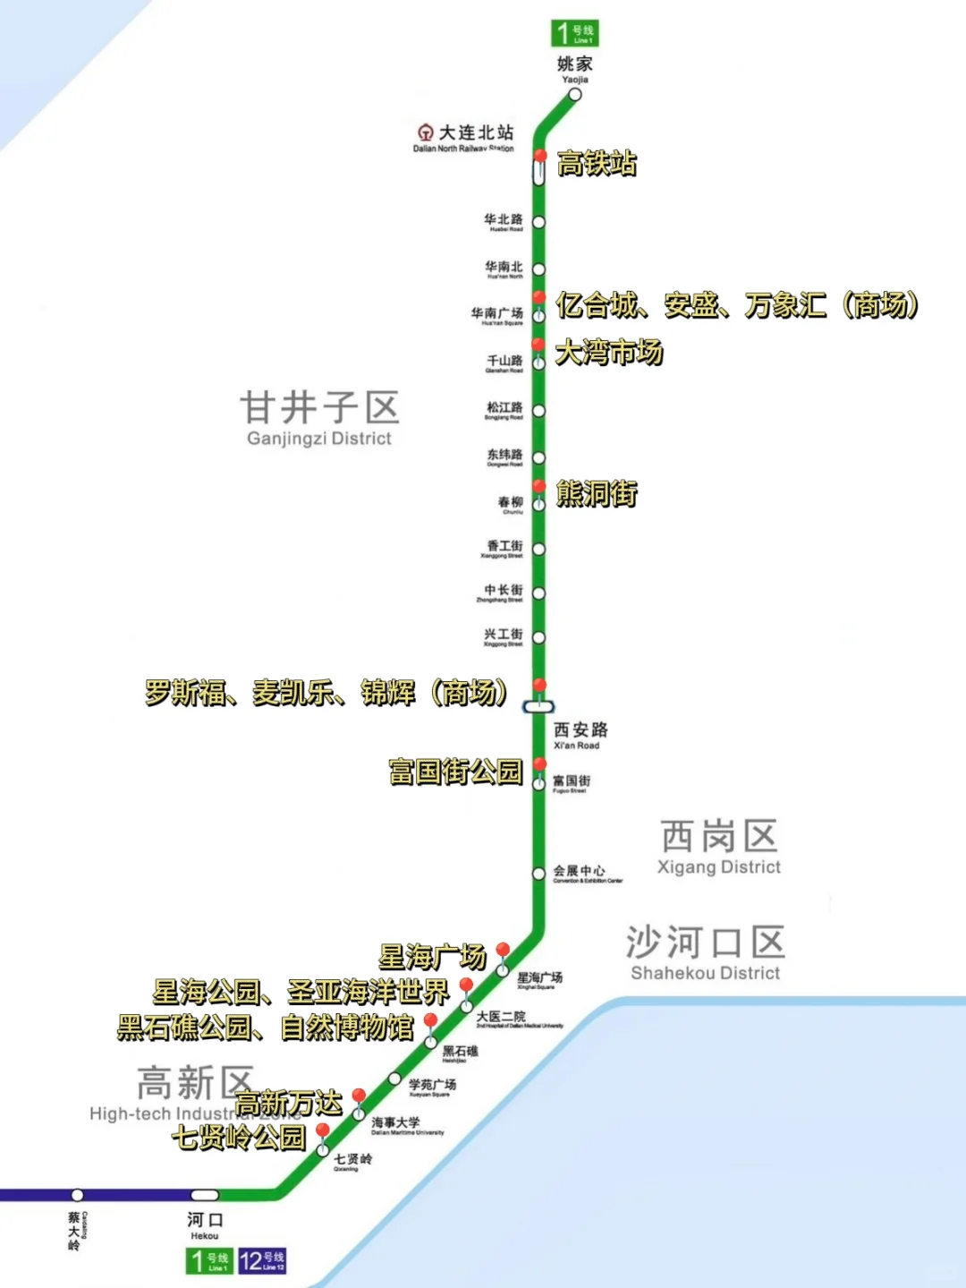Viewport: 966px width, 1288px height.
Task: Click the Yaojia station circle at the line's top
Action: click(x=575, y=94)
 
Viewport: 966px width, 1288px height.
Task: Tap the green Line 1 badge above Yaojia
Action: click(x=573, y=33)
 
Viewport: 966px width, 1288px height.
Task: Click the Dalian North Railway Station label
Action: click(x=465, y=138)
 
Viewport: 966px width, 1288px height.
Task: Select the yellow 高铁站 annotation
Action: click(x=597, y=163)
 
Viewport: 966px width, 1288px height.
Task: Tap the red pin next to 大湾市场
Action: click(x=538, y=345)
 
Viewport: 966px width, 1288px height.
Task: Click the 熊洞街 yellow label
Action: click(x=597, y=493)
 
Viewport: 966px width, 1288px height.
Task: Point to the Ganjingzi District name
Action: click(x=319, y=418)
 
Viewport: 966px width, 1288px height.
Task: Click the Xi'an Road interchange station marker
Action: click(x=538, y=706)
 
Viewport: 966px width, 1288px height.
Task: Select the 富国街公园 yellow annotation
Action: click(x=455, y=772)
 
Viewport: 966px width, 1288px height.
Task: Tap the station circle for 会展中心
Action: click(x=538, y=873)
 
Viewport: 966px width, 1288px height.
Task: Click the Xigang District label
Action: click(x=719, y=847)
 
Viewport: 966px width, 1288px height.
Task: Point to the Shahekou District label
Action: click(x=705, y=953)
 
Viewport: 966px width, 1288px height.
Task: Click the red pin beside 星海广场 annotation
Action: click(x=503, y=951)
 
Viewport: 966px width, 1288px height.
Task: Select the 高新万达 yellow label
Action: click(x=289, y=1104)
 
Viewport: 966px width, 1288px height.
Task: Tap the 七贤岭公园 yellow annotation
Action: click(x=239, y=1138)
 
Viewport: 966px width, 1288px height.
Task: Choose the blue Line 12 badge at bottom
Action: click(x=262, y=1260)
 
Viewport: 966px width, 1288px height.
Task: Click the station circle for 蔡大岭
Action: click(x=78, y=1195)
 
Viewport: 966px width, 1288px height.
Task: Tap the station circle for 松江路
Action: click(x=538, y=411)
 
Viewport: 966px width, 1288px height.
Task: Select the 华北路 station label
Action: click(x=504, y=221)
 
